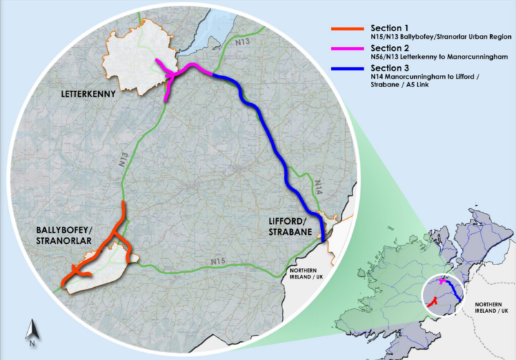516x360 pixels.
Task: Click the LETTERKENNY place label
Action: (88, 94)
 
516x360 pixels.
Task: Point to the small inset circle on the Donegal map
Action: (442, 295)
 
